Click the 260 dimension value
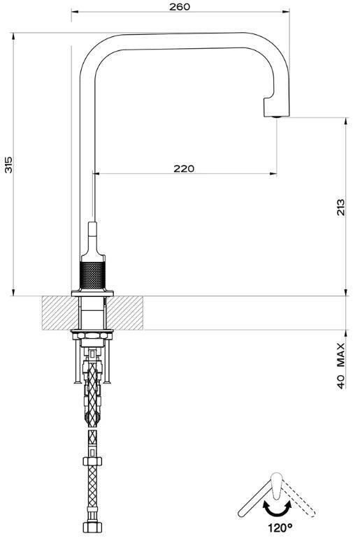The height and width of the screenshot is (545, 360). (x=180, y=6)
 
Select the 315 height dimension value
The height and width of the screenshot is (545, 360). (x=8, y=165)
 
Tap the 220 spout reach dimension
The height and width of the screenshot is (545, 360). (x=184, y=168)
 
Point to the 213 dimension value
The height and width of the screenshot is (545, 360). (x=341, y=207)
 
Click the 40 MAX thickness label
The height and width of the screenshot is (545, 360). (x=341, y=365)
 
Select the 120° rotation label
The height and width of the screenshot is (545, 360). (x=280, y=528)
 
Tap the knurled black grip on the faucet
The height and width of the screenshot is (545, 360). (x=92, y=275)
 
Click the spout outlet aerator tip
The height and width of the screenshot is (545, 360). (x=277, y=117)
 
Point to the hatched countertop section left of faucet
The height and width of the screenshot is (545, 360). (x=59, y=313)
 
